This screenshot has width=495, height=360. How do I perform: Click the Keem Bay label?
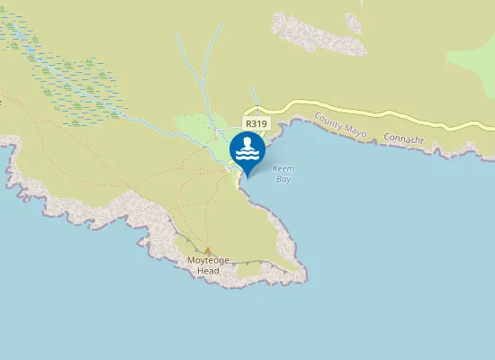click(x=283, y=173)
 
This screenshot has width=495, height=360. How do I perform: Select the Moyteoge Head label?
click(x=208, y=265)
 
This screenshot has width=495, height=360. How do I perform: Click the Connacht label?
click(x=402, y=140)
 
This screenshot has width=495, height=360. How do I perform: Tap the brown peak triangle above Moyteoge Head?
click(x=208, y=251)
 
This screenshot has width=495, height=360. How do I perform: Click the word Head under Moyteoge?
click(x=208, y=270)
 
